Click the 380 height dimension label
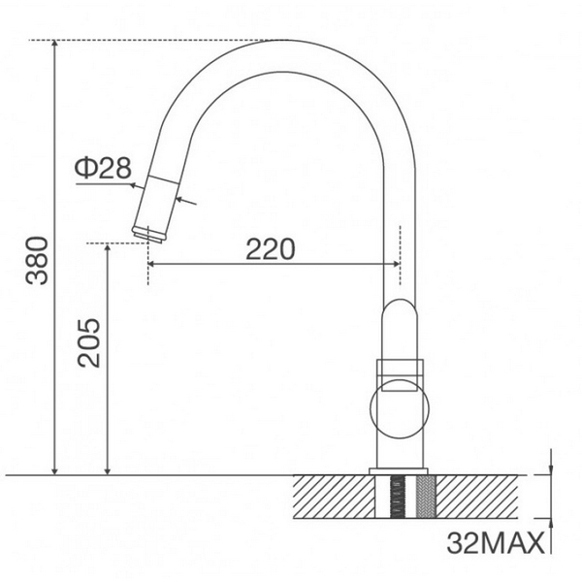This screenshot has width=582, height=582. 36,260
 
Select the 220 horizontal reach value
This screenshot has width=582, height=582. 269,249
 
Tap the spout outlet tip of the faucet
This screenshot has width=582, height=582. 148,234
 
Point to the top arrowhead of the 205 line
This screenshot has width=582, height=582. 108,248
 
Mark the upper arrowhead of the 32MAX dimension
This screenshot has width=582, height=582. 550,469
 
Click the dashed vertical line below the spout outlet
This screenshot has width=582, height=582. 147,267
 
